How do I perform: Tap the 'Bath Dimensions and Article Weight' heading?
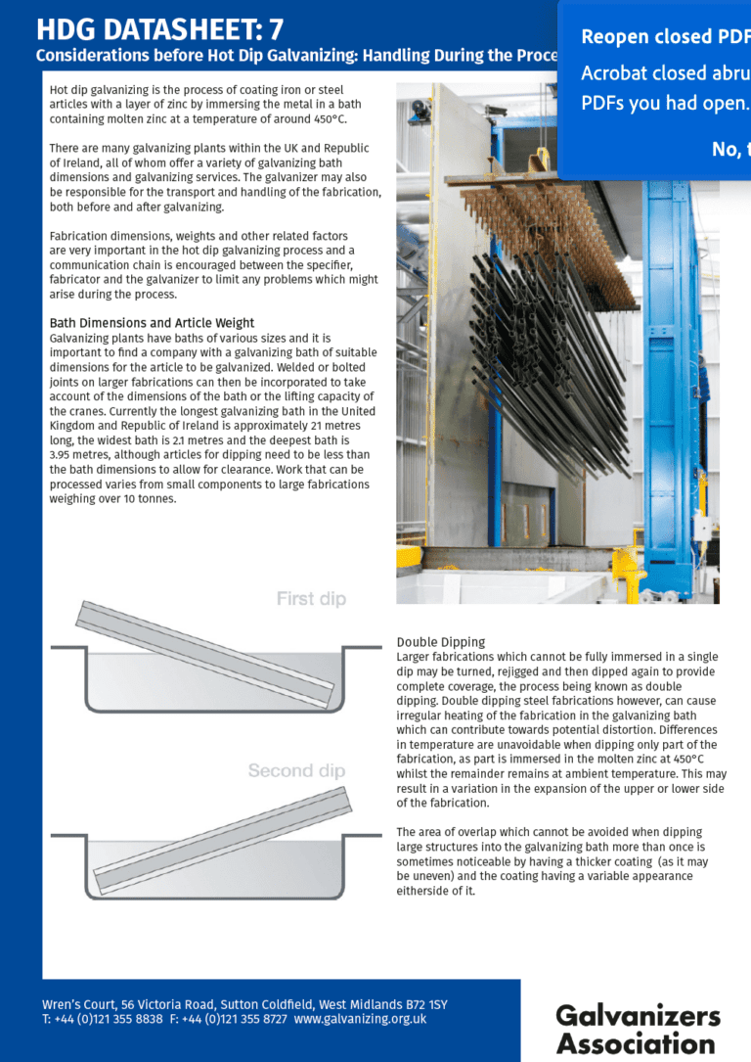coord(152,323)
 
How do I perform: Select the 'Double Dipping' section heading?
coord(441,642)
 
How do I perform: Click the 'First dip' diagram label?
coord(311,598)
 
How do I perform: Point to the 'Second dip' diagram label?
coord(296,771)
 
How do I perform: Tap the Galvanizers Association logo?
coord(638,1028)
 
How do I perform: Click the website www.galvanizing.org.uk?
coord(360,1019)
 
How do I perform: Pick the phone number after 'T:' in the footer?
coord(109,1019)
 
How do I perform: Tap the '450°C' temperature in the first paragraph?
coord(328,118)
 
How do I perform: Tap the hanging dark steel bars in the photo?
coord(548,343)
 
